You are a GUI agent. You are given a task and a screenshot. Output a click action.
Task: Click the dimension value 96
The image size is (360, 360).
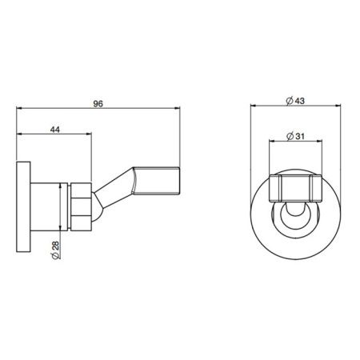[x=98, y=103]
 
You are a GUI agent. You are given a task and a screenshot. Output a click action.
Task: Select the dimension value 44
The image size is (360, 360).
[x=55, y=130]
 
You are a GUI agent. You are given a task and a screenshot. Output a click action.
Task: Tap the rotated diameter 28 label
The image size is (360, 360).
[x=55, y=250]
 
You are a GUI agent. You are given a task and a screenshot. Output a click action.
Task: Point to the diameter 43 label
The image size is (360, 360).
[x=295, y=101]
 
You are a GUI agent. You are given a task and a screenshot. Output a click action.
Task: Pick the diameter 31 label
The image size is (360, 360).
[x=295, y=136]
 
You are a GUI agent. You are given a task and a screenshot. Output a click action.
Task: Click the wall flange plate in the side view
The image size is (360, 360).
[x=23, y=206]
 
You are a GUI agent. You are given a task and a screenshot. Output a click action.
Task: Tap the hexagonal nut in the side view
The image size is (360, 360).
[x=82, y=206]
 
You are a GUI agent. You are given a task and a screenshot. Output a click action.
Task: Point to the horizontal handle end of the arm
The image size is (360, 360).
[x=157, y=181]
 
